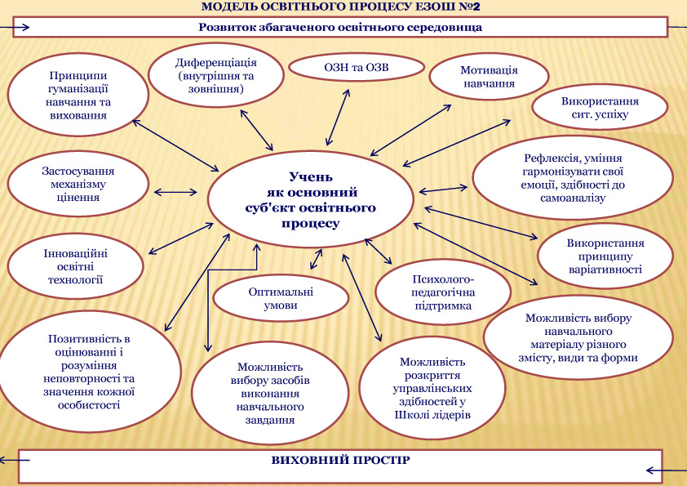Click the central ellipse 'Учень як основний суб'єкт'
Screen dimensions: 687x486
tap(311, 199)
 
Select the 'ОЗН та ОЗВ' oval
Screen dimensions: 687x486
tap(357, 68)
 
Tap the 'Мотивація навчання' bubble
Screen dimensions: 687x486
tap(489, 76)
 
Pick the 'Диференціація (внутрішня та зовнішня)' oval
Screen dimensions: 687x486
tap(216, 75)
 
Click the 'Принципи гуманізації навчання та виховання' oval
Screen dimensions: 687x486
tap(78, 96)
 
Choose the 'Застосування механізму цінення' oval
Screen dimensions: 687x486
tap(78, 184)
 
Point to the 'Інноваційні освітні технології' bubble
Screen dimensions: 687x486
tap(75, 266)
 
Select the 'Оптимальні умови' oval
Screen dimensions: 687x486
tap(281, 298)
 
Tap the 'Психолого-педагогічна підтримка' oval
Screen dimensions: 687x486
tap(443, 292)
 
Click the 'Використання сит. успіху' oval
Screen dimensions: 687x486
tap(600, 108)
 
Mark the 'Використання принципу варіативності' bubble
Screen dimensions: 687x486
tap(605, 256)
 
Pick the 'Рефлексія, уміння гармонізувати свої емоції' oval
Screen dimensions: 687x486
tap(573, 177)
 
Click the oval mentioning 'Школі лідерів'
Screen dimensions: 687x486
tap(432, 388)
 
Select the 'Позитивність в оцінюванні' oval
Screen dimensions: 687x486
tap(89, 372)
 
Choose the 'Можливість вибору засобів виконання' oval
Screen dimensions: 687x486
tap(270, 393)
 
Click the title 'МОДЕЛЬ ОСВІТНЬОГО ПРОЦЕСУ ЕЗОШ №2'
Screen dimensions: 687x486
tap(341, 7)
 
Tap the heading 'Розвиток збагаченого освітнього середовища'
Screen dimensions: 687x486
tap(340, 27)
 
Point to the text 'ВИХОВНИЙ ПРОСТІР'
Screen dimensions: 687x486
tap(340, 460)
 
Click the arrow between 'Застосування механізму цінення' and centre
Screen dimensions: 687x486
tap(175, 192)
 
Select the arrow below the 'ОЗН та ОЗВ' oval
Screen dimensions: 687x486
tap(338, 118)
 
